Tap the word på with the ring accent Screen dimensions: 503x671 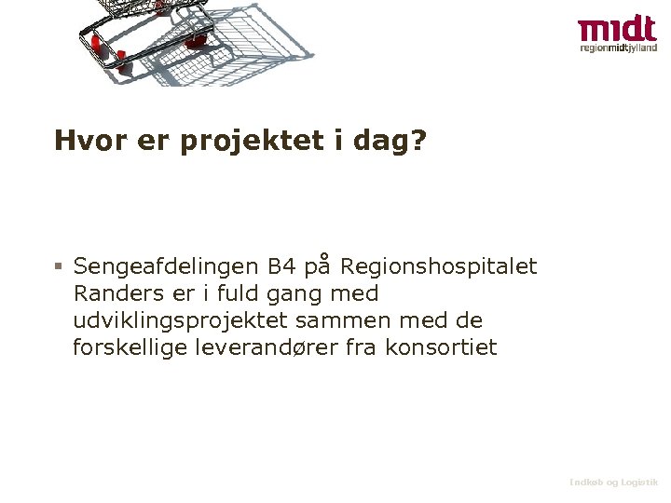coord(319,267)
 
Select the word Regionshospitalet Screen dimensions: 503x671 coord(439,267)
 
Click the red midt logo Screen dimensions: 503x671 coord(617,28)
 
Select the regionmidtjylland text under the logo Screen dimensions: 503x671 coord(618,48)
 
